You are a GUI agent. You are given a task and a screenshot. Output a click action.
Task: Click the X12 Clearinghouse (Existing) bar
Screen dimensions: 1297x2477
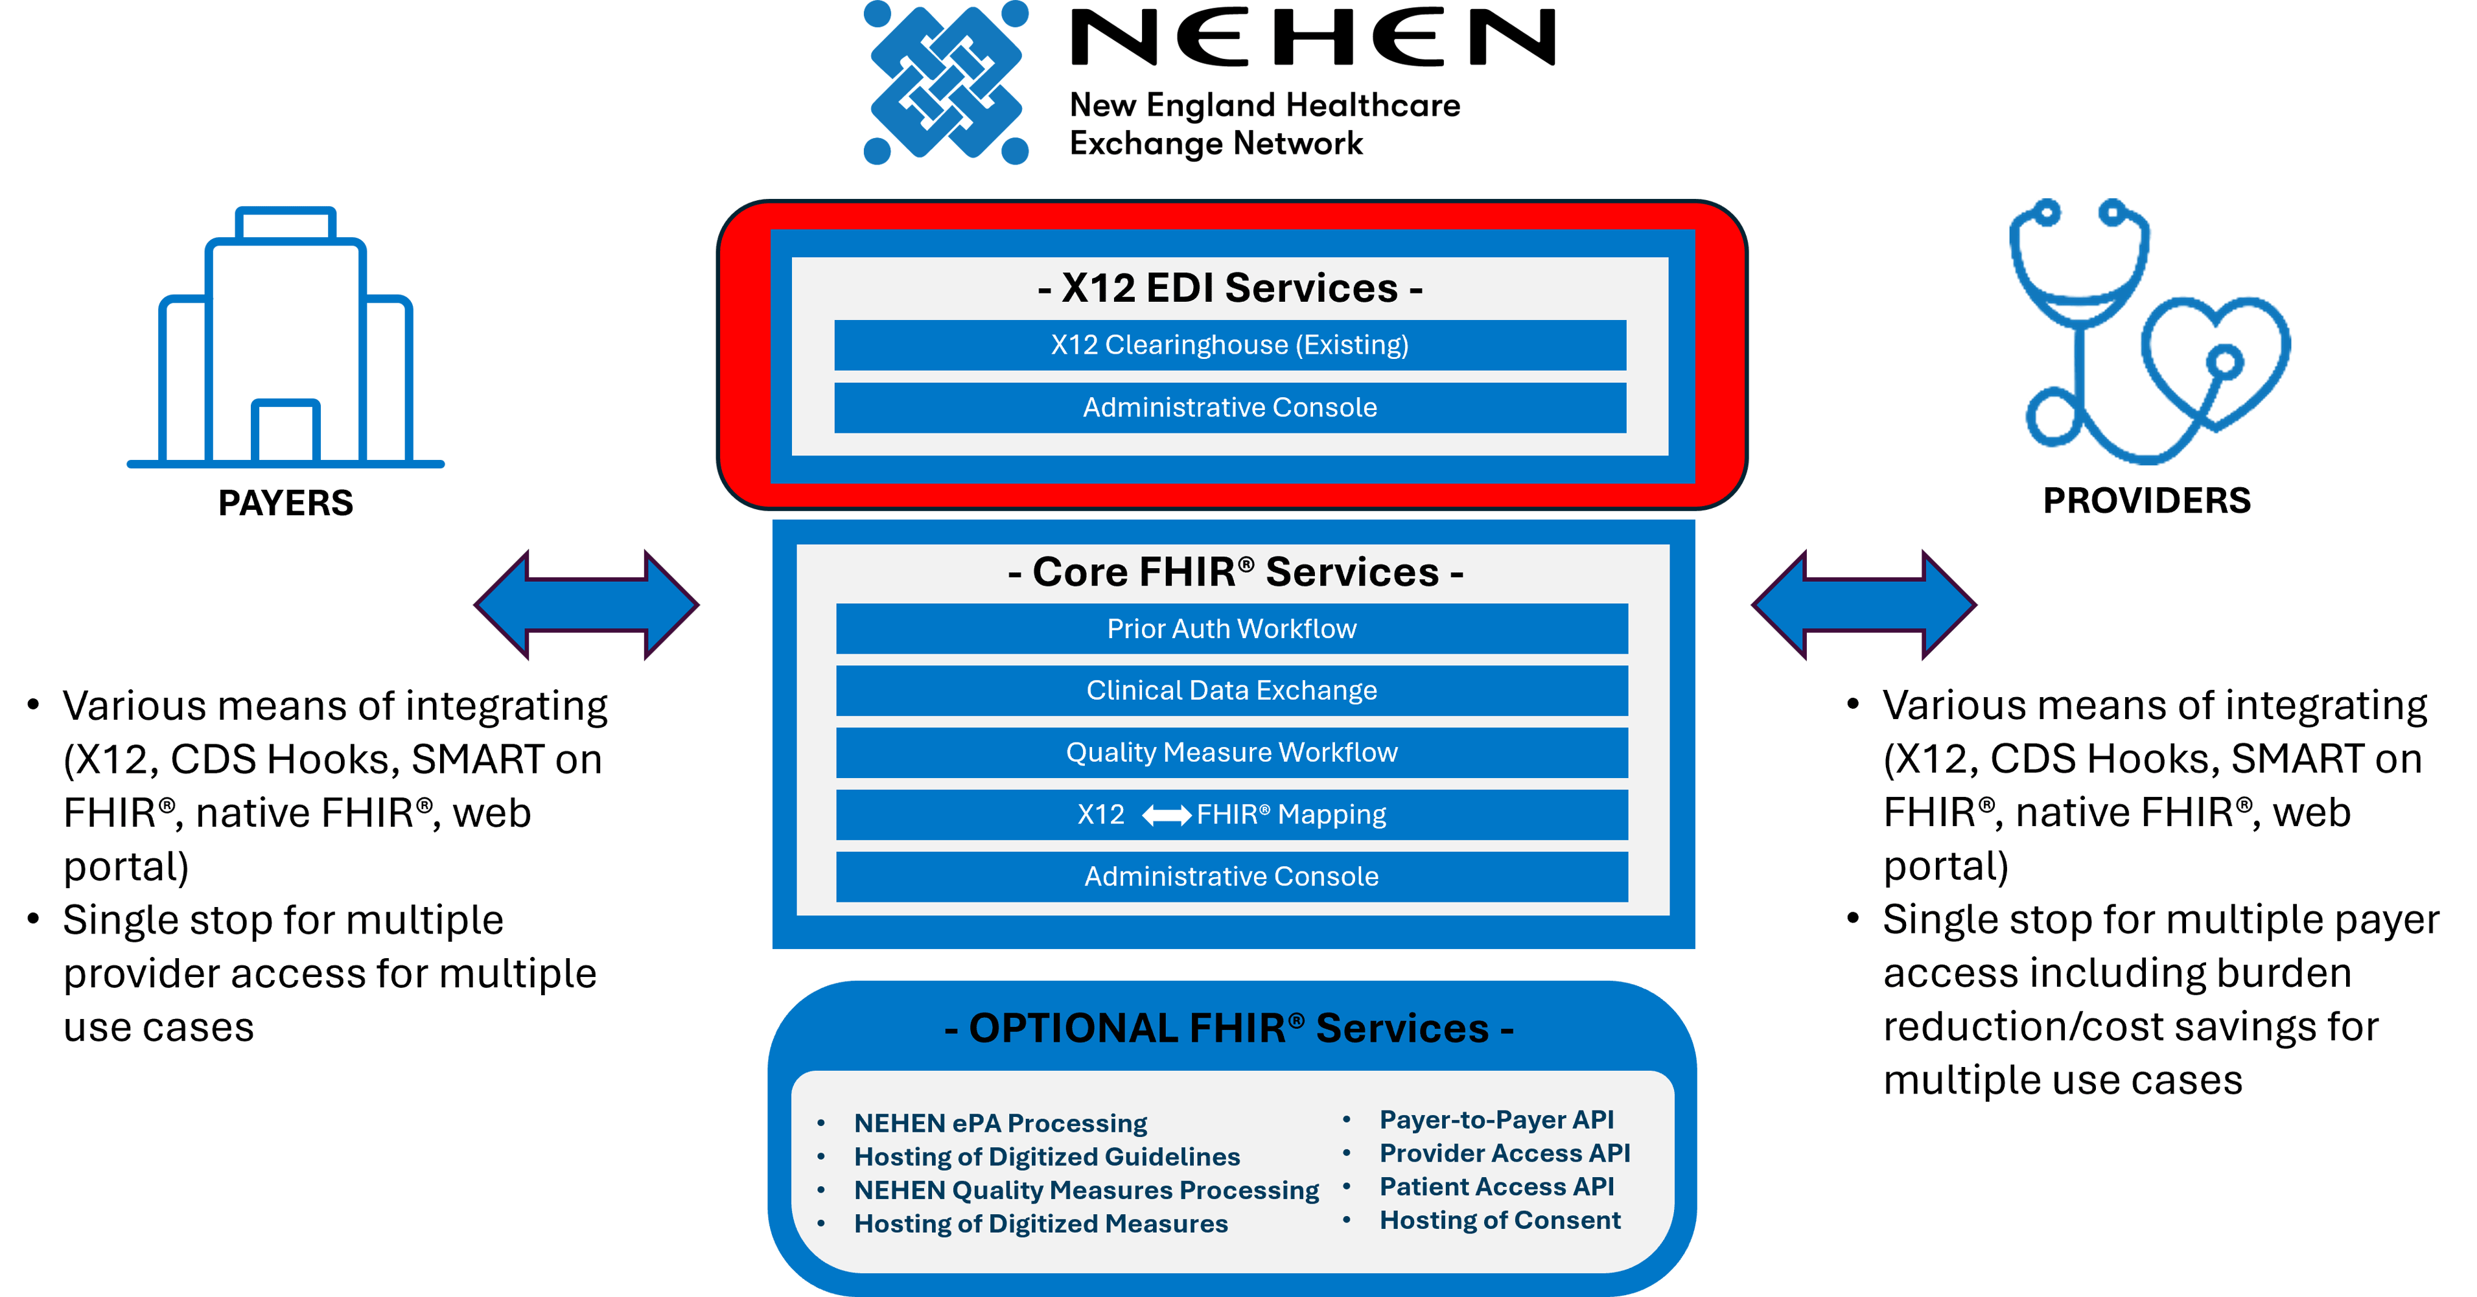pos(1230,345)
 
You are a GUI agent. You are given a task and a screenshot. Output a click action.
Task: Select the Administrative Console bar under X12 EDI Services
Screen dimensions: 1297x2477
pos(1230,407)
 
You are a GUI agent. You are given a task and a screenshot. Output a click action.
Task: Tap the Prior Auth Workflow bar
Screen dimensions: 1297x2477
pos(1232,629)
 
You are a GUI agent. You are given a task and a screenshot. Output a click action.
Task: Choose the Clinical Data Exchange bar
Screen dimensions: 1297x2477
pos(1232,691)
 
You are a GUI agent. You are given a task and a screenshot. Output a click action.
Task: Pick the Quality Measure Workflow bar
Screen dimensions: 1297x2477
pos(1232,752)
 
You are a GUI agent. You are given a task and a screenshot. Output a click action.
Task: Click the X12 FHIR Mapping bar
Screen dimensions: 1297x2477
pos(1232,814)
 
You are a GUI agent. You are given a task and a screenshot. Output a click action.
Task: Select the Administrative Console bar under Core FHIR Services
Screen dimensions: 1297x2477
pos(1232,876)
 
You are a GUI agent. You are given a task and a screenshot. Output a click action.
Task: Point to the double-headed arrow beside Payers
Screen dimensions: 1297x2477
pos(587,604)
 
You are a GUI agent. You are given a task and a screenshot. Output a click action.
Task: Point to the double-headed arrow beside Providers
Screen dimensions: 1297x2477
pos(1863,604)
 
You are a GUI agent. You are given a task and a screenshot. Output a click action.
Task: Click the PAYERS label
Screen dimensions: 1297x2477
pos(286,503)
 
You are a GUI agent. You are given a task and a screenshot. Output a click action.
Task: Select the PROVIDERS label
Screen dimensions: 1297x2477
pos(2146,501)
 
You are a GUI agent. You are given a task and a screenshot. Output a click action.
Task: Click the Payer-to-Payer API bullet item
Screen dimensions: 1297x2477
pos(1496,1120)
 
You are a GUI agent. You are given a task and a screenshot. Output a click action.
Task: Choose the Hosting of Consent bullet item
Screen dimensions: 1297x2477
pos(1500,1220)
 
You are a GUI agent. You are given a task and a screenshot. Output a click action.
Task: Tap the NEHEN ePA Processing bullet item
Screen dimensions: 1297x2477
pos(1000,1123)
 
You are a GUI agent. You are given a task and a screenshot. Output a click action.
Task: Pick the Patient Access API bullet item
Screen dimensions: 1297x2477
pos(1496,1186)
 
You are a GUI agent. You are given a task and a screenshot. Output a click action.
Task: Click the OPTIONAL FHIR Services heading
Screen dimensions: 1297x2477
pos(1230,1027)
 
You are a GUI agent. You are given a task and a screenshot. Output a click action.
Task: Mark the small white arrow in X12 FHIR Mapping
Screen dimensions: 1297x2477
pos(1167,815)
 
